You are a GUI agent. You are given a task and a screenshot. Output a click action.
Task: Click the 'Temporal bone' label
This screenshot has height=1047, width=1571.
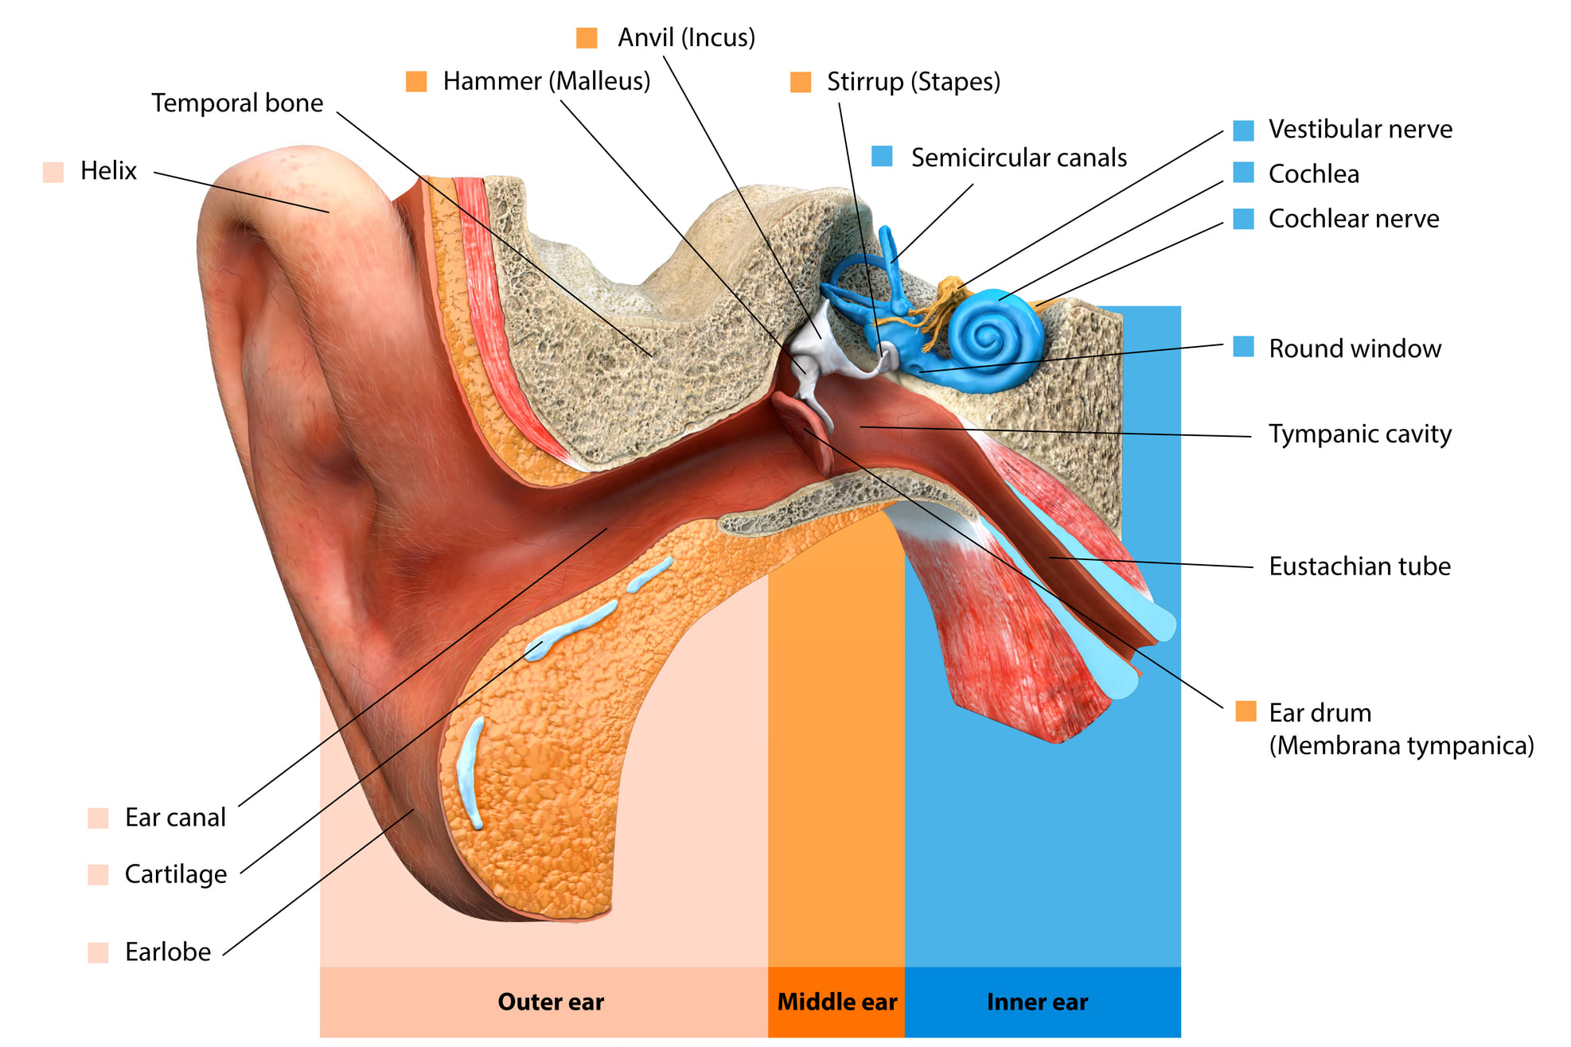coord(237,103)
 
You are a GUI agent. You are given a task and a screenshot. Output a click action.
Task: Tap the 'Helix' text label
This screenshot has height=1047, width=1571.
coord(108,170)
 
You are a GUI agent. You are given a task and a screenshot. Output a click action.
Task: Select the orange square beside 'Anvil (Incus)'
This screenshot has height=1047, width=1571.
coord(587,37)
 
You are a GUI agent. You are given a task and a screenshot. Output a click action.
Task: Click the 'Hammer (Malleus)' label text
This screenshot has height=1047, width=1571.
coord(547,81)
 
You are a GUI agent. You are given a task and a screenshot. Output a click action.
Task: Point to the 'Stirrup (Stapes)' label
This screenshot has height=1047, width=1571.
coord(914,82)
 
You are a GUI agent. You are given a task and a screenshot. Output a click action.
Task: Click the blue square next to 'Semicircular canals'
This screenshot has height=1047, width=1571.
coord(882,156)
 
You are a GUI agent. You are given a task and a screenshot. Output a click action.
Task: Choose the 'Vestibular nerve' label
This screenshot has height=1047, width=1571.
coord(1360,129)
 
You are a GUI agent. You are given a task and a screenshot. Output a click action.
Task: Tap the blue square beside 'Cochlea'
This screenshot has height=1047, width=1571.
coord(1243,173)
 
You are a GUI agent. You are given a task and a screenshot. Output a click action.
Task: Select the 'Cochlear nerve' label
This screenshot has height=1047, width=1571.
coord(1354,218)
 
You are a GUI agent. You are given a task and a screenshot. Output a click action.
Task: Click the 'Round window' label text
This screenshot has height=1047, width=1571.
coord(1355,348)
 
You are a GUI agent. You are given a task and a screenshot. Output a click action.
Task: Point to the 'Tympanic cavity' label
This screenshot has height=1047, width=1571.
coord(1360,434)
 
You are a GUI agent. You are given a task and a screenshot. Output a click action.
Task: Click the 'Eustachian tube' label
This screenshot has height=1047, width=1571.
coord(1359,566)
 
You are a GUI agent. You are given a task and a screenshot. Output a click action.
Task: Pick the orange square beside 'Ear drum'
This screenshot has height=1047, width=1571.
coord(1245,711)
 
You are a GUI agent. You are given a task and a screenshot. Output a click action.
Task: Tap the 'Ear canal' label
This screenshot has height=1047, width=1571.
coord(175,817)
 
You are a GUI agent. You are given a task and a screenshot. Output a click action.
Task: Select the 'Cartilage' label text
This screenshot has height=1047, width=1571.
coord(176,874)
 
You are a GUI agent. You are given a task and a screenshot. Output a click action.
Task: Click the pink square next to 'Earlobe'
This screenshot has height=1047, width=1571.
coord(98,952)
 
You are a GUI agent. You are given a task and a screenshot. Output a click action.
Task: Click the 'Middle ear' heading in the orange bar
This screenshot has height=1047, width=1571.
coord(836,1002)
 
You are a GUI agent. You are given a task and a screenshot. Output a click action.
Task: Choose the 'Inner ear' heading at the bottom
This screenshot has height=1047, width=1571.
coord(1037,1002)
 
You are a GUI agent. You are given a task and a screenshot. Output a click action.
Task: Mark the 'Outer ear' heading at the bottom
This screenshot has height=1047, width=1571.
coord(551,1002)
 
